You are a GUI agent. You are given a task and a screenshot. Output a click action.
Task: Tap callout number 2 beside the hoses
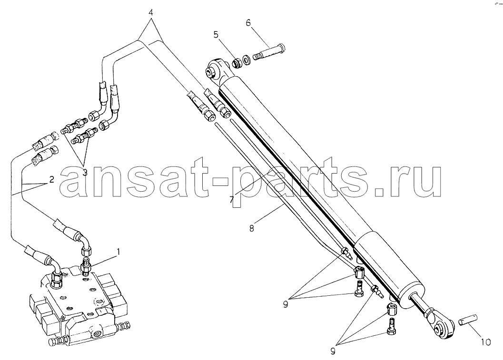52,179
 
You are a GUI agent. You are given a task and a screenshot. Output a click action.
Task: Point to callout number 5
216,34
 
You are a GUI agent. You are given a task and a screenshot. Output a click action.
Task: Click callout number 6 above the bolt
248,23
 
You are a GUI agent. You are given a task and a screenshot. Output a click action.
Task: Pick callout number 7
231,199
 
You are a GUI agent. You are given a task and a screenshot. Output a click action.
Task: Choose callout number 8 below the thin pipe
251,229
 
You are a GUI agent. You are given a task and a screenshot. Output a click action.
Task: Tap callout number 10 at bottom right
486,342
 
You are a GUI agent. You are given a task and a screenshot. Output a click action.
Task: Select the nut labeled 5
237,63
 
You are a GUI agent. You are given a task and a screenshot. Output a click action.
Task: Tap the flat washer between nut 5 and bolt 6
247,59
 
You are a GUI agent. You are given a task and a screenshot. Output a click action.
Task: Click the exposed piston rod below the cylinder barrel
420,303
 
